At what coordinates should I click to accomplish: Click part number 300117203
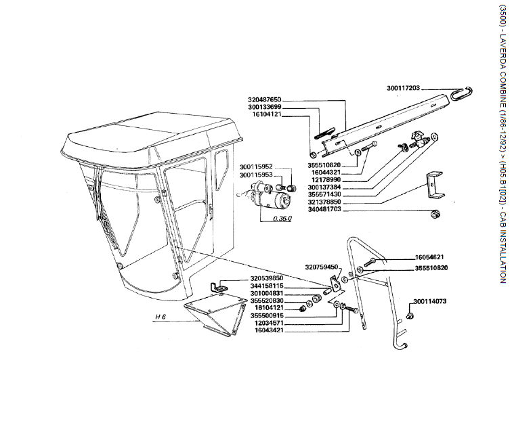coord(403,88)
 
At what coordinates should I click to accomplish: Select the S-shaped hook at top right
coord(461,93)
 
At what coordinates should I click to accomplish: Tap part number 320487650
coord(265,99)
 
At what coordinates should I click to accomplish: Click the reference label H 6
coord(161,317)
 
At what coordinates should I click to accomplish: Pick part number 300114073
coord(429,301)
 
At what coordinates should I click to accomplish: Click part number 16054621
coord(429,257)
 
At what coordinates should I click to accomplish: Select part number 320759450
coord(322,267)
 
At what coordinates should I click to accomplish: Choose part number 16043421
coord(269,330)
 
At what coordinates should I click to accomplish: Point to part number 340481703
coord(324,209)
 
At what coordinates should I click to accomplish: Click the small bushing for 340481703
coord(435,215)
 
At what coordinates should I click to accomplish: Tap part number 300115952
coord(256,167)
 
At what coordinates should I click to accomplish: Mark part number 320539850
coord(266,278)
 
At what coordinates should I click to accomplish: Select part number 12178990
coord(326,180)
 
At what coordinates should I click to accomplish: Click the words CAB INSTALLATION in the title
coord(503,247)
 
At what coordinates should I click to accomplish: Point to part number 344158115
coord(266,286)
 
